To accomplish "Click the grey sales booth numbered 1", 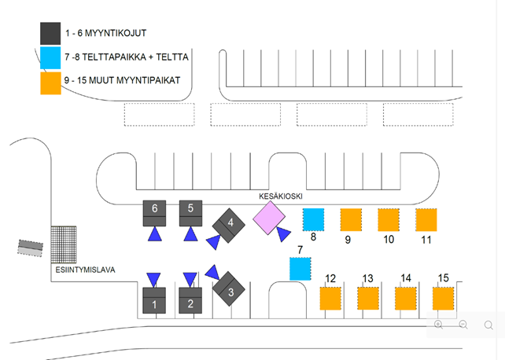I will [155, 302].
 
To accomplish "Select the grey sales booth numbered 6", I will [154, 213].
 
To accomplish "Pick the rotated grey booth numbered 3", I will [230, 289].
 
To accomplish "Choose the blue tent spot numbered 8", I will [314, 219].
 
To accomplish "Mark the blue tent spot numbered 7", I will [300, 268].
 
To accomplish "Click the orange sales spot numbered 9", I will [351, 219].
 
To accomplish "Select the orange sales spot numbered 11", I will [426, 219].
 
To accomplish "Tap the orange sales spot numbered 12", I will [331, 299].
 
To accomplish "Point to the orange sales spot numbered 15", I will [444, 299].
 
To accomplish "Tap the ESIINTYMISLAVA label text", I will [86, 270].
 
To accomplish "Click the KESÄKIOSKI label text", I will [281, 196].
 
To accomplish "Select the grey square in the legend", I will [51, 33].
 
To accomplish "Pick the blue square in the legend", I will [51, 58].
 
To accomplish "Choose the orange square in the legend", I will [51, 83].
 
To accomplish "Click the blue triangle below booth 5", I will [191, 234].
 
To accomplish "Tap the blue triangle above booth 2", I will [190, 279].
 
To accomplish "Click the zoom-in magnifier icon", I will [439, 325].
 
